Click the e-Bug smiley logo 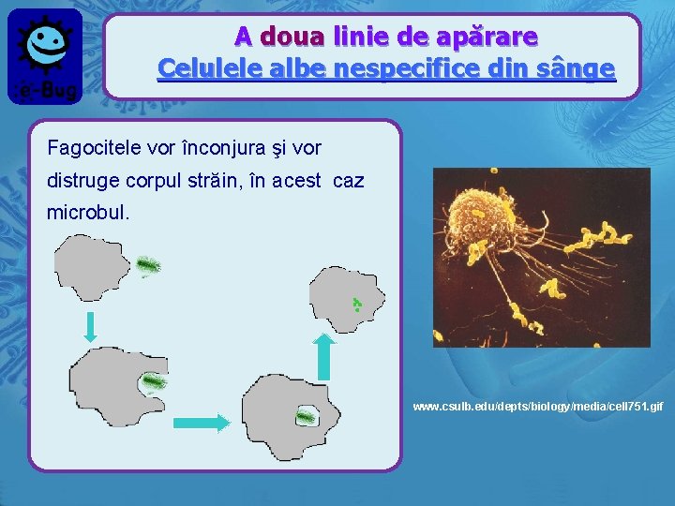pos(44,52)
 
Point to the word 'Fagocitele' pos(92,148)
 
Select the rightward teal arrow pos(201,424)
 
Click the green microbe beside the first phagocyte pos(147,266)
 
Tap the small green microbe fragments pos(356,304)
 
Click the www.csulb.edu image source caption pos(537,407)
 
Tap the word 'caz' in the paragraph pos(348,180)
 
